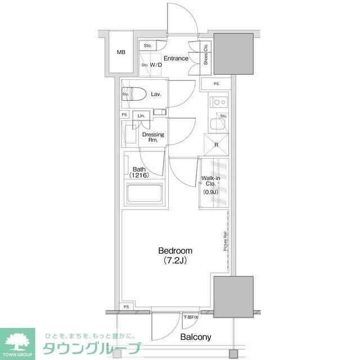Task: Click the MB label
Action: pos(121,52)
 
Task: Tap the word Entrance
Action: pos(176,58)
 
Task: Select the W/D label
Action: pos(156,65)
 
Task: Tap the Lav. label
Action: pos(156,94)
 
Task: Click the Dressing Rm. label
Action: pos(153,137)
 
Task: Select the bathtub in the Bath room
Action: pos(145,194)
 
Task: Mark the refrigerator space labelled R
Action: pos(217,143)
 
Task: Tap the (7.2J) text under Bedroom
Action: pos(175,261)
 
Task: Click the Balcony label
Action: pos(195,337)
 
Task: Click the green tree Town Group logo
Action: pos(17,340)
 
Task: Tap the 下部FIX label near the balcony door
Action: pos(191,318)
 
